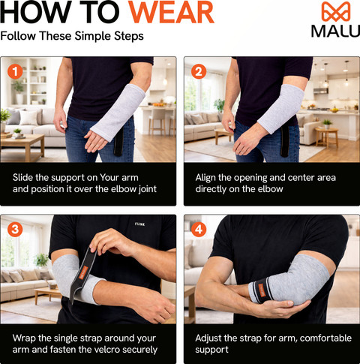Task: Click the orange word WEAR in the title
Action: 171,12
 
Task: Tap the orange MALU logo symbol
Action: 336,11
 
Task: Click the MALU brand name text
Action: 335,31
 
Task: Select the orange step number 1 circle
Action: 15,72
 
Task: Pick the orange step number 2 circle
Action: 199,72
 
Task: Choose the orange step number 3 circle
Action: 15,230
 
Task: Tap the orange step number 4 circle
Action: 199,230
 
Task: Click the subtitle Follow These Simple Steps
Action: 72,36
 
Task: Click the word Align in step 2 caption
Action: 205,178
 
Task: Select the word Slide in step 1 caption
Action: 22,177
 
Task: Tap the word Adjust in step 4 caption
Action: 208,338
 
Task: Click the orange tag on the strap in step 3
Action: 83,272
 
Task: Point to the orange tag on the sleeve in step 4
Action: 262,290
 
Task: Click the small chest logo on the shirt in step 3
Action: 139,224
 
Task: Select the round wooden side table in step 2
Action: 326,137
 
